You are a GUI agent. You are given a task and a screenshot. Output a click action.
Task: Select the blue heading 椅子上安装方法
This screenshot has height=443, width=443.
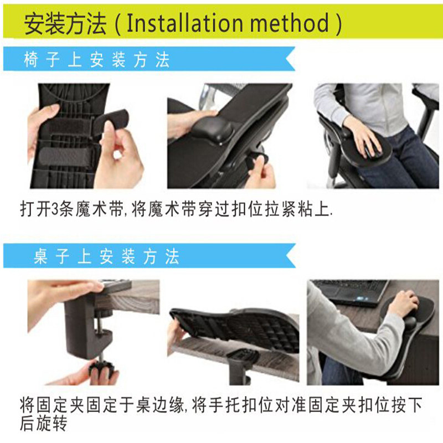click(x=96, y=60)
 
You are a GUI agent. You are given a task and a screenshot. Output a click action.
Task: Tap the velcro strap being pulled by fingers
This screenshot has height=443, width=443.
click(x=114, y=122)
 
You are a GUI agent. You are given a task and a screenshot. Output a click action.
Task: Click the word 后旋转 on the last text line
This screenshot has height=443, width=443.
click(x=43, y=425)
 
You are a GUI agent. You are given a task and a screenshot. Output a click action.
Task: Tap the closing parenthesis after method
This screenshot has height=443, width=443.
click(x=337, y=24)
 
